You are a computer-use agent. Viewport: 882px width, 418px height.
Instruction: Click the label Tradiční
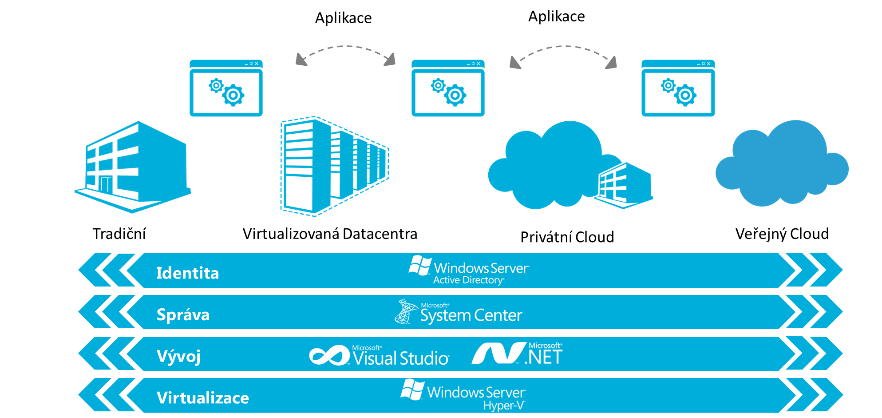(119, 234)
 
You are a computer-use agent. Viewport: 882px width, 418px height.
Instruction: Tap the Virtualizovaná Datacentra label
(329, 234)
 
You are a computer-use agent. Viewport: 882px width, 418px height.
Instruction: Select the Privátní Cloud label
(567, 237)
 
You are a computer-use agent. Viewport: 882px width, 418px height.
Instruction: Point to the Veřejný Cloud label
(782, 234)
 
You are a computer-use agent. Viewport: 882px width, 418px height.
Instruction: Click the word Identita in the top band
(187, 273)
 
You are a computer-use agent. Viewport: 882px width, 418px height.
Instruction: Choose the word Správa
(183, 314)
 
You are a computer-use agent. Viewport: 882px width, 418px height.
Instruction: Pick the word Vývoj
(178, 356)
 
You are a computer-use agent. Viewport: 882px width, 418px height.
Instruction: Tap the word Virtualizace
(202, 398)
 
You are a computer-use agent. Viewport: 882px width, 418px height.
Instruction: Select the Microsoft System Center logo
(459, 312)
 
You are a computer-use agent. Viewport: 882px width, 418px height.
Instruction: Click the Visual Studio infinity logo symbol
(329, 356)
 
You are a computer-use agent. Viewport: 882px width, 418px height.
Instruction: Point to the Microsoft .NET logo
(517, 354)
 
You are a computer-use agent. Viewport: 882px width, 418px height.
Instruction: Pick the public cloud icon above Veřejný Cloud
(782, 164)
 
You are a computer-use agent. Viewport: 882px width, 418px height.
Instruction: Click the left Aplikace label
(343, 18)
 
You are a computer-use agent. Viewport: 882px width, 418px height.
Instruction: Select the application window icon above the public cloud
(678, 88)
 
